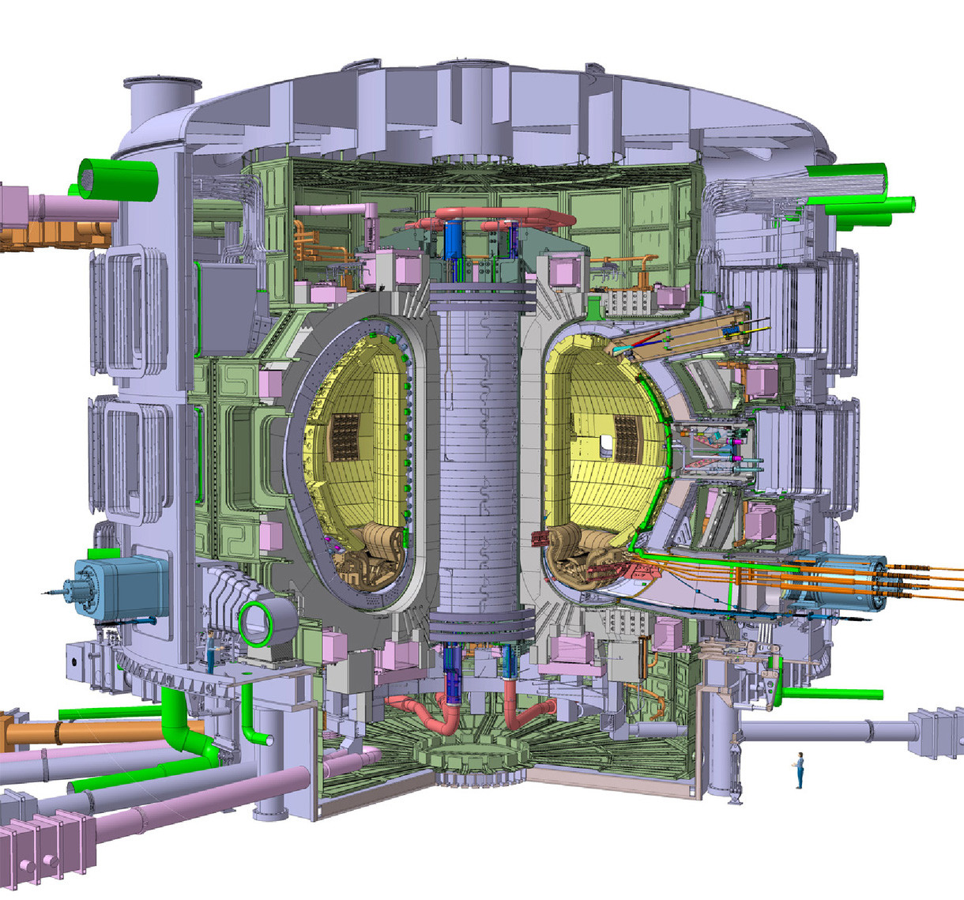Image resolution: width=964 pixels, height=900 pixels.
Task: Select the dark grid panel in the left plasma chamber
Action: click(345, 436)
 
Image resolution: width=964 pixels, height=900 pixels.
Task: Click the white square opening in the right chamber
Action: click(606, 447)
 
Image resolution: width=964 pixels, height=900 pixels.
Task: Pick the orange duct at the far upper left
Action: click(47, 235)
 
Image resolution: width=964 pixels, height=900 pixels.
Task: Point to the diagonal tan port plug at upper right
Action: click(680, 332)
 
